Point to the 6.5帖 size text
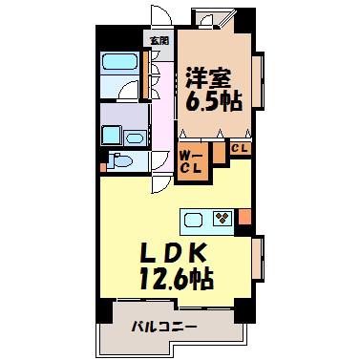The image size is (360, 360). pyautogui.click(x=212, y=102)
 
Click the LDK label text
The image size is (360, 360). pyautogui.click(x=172, y=254)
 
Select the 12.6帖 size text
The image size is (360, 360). pyautogui.click(x=176, y=279)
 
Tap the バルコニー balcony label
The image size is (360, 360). pyautogui.click(x=163, y=327)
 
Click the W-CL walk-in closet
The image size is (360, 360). pyautogui.click(x=191, y=161)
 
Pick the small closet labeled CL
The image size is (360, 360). pyautogui.click(x=240, y=148)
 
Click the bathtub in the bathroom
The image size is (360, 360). pyautogui.click(x=119, y=62)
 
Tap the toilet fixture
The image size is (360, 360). pyautogui.click(x=119, y=160)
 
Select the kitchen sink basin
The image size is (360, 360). pyautogui.click(x=193, y=220)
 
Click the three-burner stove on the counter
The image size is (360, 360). pyautogui.click(x=222, y=219)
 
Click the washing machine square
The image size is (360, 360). pyautogui.click(x=112, y=136)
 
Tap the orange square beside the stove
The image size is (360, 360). pyautogui.click(x=244, y=216)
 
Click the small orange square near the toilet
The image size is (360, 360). pyautogui.click(x=103, y=167)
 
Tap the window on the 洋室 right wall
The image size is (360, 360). pyautogui.click(x=258, y=82)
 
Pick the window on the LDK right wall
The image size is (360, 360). pyautogui.click(x=258, y=258)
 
